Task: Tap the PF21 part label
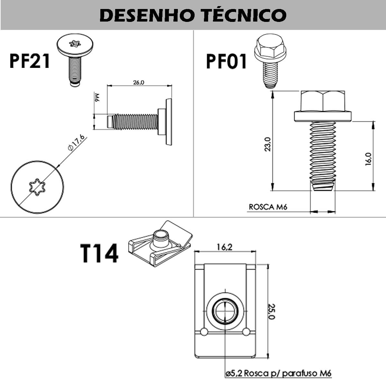(x=30, y=61)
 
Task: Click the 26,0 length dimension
(x=139, y=82)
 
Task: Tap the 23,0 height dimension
(x=268, y=144)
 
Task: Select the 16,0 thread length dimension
(x=368, y=159)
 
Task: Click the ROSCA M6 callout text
(x=268, y=207)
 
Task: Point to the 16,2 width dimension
(x=225, y=247)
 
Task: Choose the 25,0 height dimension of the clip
(x=272, y=311)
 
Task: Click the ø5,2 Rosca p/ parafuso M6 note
(x=278, y=373)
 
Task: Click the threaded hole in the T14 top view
(x=225, y=312)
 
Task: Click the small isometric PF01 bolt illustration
(x=270, y=61)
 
